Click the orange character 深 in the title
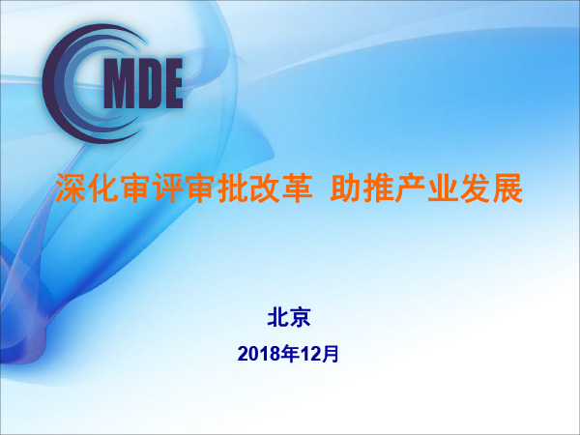pyautogui.click(x=71, y=188)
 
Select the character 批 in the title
pyautogui.click(x=232, y=188)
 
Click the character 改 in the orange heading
pyautogui.click(x=264, y=188)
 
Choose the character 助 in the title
pyautogui.click(x=346, y=188)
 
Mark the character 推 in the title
pyautogui.click(x=378, y=188)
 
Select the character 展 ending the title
pyautogui.click(x=507, y=188)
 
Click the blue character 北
pyautogui.click(x=277, y=317)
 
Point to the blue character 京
pyautogui.click(x=300, y=317)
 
